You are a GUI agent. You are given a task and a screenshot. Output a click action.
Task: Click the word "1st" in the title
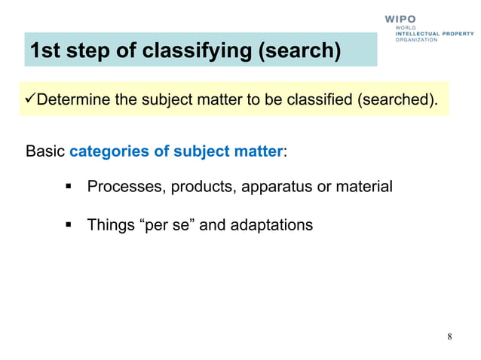pos(47,50)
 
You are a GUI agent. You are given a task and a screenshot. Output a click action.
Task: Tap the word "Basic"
pos(45,151)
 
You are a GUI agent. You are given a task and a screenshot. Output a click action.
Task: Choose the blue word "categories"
pos(110,151)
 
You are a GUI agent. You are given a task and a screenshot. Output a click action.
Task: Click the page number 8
pos(449,336)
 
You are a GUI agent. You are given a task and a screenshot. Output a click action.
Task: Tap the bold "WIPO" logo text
pos(400,19)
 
